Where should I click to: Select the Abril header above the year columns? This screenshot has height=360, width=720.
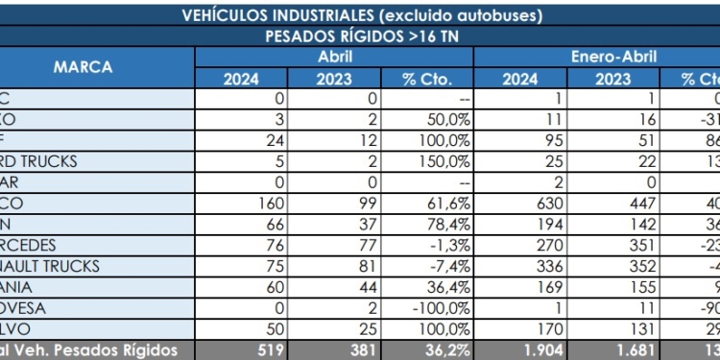coord(335,57)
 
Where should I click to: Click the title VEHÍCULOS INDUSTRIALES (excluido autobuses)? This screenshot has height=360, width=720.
coord(360,15)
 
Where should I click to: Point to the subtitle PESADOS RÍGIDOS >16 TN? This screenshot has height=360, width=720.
coord(360,36)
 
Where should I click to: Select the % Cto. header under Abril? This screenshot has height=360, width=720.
coord(427,79)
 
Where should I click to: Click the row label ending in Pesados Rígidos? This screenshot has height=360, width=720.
coord(96,348)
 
